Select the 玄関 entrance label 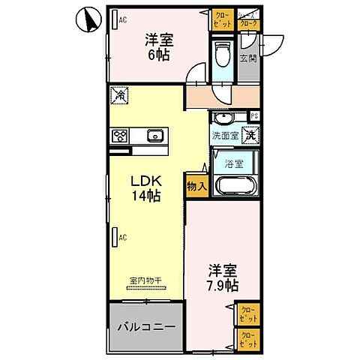[x=248, y=58]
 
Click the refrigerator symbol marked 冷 [x=120, y=96]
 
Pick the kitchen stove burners [x=121, y=136]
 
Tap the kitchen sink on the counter [x=156, y=136]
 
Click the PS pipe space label [x=254, y=115]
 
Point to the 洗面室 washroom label [x=224, y=136]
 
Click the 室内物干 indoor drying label [x=147, y=280]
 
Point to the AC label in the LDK [x=122, y=238]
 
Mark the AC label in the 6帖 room [x=122, y=20]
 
